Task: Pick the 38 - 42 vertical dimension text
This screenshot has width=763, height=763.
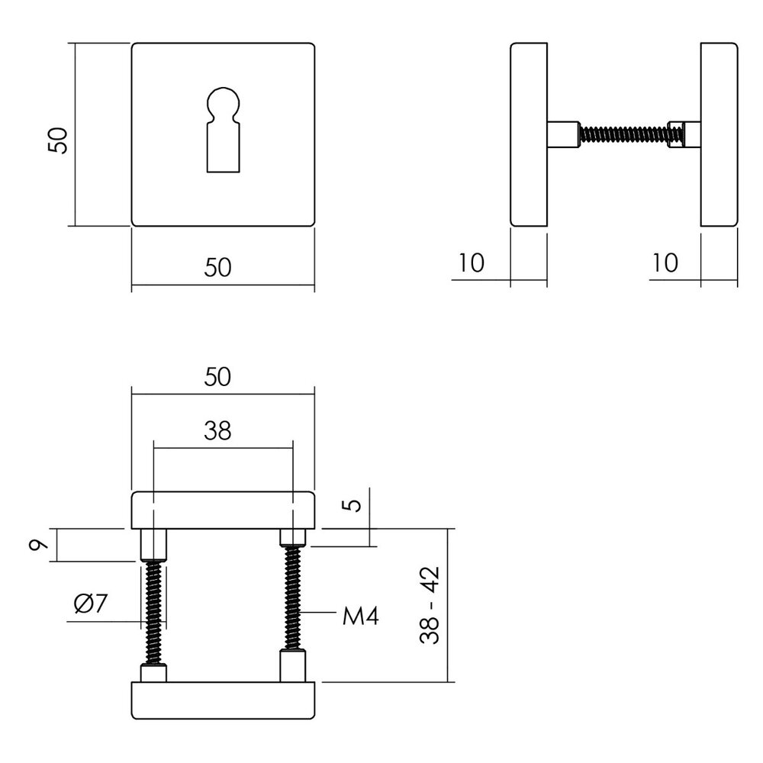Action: tap(433, 605)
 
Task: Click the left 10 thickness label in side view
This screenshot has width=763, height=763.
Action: tap(472, 263)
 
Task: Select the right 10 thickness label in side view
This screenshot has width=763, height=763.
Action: tap(665, 263)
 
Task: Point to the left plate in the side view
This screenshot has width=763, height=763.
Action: tap(528, 134)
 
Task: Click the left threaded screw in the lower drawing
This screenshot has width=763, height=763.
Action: tap(153, 610)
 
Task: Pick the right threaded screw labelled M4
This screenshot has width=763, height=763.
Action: tap(293, 599)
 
